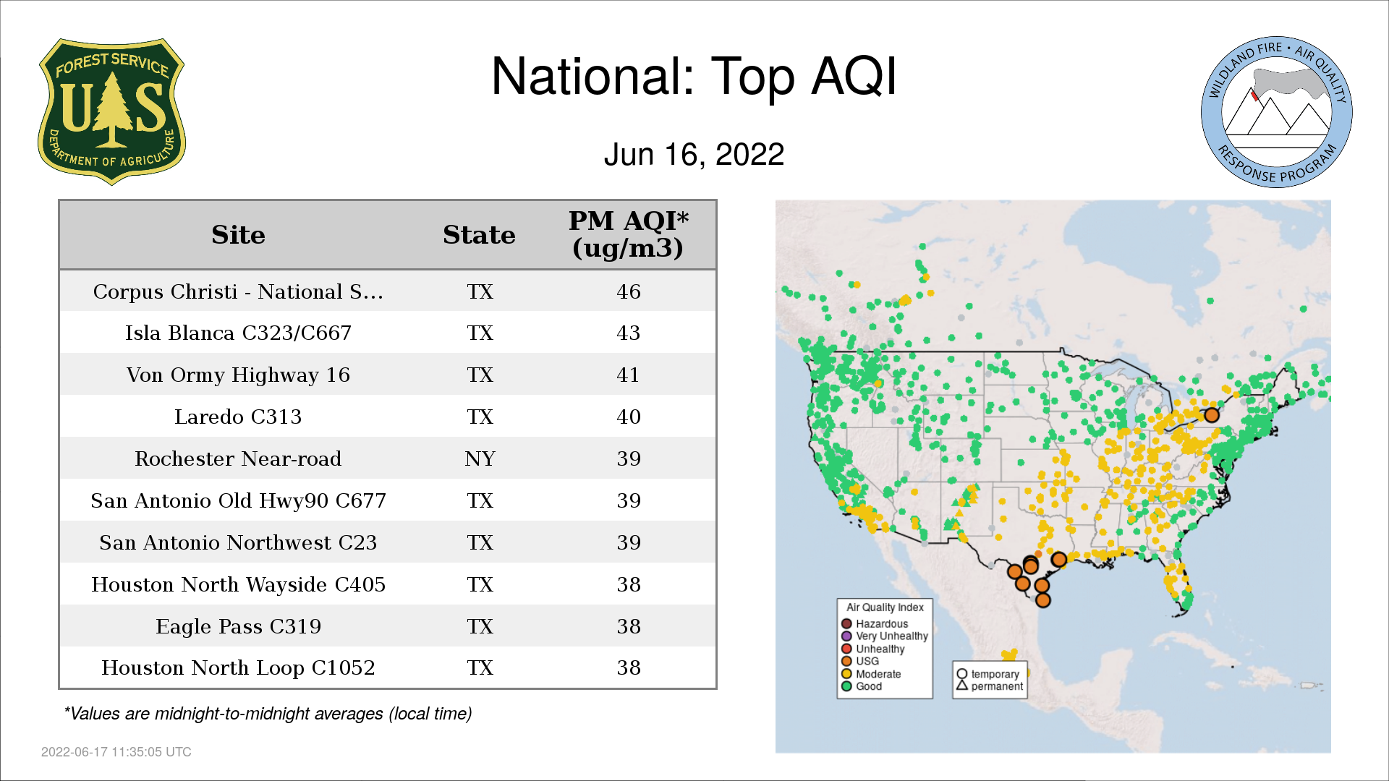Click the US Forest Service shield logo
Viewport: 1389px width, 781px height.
click(x=111, y=112)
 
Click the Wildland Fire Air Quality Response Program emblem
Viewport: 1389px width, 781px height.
click(x=1277, y=112)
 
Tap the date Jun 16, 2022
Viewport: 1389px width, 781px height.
click(x=694, y=155)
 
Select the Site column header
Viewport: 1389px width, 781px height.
click(x=238, y=235)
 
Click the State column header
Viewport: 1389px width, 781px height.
click(x=479, y=235)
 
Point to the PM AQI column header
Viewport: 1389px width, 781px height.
click(x=628, y=234)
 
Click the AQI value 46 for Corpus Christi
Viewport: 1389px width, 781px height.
click(x=629, y=291)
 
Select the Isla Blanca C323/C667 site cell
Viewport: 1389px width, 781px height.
click(x=238, y=333)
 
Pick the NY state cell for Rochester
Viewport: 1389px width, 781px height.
click(x=480, y=459)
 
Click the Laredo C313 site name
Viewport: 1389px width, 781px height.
click(x=238, y=417)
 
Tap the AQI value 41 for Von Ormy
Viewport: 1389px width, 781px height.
click(x=629, y=375)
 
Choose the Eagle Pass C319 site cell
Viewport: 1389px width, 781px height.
click(x=238, y=626)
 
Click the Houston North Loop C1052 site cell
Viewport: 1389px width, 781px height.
click(x=238, y=668)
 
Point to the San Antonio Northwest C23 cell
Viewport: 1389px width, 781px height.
click(x=238, y=543)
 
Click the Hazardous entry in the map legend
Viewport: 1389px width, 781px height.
click(x=875, y=624)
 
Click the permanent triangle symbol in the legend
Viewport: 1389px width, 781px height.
click(x=962, y=685)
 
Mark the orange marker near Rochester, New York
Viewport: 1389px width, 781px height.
click(x=1211, y=415)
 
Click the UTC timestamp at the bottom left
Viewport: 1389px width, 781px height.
click(x=116, y=752)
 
